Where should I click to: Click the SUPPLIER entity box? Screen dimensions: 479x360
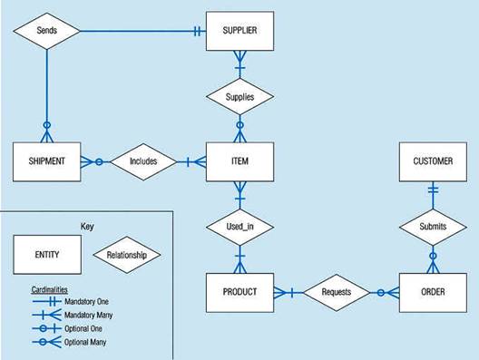point(239,31)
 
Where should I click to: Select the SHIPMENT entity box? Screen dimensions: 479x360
point(47,161)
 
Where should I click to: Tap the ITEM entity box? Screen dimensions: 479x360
point(239,161)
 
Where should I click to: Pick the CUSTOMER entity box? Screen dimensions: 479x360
point(433,161)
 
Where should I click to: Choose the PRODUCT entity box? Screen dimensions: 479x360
point(239,293)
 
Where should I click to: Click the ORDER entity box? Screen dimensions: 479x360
point(433,293)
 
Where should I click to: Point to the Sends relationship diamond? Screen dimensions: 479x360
point(47,31)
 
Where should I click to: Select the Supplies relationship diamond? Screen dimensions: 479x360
point(239,96)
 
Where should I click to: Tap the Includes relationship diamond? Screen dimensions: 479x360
point(143,161)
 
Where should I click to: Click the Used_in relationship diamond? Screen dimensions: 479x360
point(239,227)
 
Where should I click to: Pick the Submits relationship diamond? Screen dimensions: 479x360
point(433,227)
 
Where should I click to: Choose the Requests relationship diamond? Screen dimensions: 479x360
point(337,293)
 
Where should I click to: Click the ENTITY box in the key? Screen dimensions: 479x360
point(47,254)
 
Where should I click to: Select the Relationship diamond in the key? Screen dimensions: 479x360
point(127,255)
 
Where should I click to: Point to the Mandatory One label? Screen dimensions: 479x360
point(86,302)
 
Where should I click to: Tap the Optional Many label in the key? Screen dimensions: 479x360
point(85,342)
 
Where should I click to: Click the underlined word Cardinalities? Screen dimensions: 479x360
point(50,289)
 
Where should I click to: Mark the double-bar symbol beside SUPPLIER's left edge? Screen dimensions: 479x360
point(198,31)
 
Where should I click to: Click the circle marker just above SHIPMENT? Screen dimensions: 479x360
point(47,125)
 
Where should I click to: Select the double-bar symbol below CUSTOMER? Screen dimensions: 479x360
point(433,190)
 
